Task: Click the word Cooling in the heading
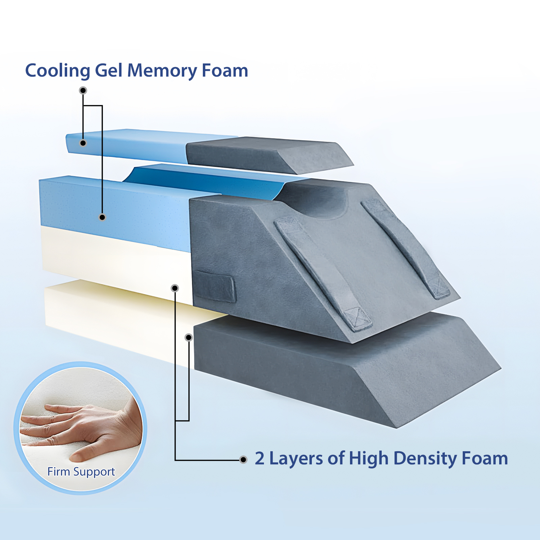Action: [x=58, y=71]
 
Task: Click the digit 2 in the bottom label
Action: [x=260, y=458]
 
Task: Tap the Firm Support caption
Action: [x=81, y=472]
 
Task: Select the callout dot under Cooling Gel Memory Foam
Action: [x=83, y=90]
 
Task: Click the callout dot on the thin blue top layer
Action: [x=83, y=143]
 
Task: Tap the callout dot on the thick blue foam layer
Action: [x=102, y=217]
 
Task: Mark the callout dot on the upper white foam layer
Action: [x=175, y=288]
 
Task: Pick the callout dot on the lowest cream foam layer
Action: [x=189, y=337]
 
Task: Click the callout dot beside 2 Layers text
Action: [x=243, y=460]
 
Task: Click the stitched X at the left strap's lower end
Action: [x=357, y=318]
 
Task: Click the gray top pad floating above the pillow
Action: [x=270, y=155]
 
